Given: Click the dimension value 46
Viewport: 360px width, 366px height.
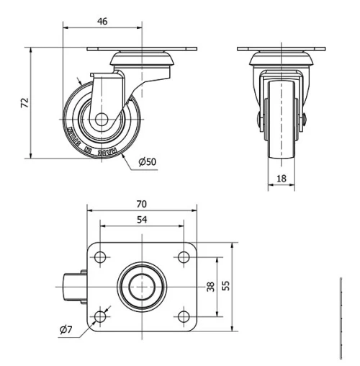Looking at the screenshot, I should pos(102,22).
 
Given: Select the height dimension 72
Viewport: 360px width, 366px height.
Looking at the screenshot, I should pos(25,104).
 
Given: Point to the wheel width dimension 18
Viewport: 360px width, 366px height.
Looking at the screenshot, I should pos(281,178).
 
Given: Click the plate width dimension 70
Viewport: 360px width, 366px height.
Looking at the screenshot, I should pos(142,205).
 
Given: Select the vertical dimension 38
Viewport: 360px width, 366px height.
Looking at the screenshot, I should pos(210,287).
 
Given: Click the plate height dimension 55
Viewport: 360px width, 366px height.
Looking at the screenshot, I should pos(225,287).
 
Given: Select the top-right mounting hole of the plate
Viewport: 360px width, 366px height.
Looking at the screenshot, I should pos(183,258).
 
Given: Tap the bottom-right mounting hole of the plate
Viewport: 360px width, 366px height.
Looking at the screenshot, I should pos(183,315).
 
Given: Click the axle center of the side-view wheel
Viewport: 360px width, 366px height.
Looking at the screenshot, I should pos(99,120).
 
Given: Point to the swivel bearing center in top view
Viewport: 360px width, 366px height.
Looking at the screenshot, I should pos(142,287).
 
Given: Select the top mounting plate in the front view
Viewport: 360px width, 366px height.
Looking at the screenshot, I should pos(281,49).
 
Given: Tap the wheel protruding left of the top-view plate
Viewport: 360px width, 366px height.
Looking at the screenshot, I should pos(74,287).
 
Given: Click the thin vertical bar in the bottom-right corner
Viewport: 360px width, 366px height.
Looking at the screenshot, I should pos(339,317).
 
